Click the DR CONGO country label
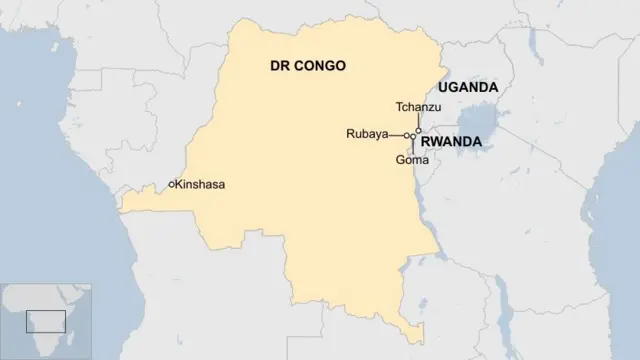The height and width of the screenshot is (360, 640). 308,66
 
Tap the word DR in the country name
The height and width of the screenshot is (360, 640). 280,66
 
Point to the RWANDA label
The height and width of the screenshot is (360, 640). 452,143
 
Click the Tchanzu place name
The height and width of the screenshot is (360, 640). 418,107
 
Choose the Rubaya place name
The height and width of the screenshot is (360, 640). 367,134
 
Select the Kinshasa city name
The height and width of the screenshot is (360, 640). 201,185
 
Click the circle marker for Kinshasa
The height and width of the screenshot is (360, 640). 172,184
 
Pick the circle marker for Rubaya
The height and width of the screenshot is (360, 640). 407,135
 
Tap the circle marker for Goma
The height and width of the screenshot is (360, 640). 414,136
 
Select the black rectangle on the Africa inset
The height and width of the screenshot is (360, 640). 46,321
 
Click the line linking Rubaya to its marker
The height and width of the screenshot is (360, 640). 396,135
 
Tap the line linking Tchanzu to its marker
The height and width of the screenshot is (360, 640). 418,121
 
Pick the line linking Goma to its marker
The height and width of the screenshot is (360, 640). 413,146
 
